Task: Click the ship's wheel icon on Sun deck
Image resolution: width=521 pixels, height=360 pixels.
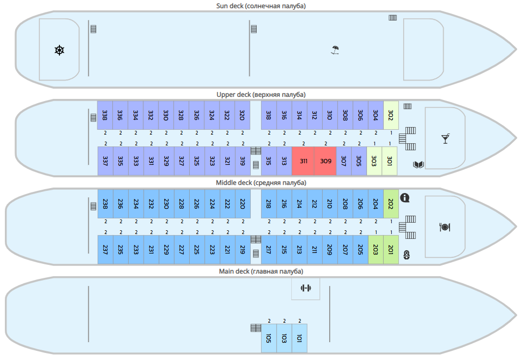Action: tap(59, 51)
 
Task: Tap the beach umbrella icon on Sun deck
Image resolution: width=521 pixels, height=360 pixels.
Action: tap(335, 51)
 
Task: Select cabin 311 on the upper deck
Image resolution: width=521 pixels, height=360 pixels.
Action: tap(303, 161)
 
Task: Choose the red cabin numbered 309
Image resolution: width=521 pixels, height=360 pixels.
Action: tap(325, 161)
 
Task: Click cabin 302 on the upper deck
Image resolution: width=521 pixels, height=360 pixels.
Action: tap(391, 115)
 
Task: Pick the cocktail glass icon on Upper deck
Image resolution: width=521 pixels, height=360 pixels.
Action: tap(445, 139)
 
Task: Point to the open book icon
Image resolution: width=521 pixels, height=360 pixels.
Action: tap(418, 164)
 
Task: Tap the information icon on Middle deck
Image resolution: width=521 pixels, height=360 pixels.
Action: tap(405, 198)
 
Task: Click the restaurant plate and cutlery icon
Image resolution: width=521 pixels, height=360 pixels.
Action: tap(444, 227)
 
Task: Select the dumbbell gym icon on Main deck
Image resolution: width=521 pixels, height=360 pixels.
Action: tap(306, 288)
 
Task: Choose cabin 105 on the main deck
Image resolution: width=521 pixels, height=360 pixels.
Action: tap(269, 338)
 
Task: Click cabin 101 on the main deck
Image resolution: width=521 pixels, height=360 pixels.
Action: tap(299, 338)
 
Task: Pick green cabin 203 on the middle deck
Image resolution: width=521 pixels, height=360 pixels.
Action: tap(376, 250)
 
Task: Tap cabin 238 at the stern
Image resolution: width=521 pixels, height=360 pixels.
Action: tap(105, 204)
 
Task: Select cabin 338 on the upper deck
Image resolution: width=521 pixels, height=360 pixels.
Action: tap(105, 115)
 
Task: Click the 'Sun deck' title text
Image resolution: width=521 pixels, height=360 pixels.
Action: tap(261, 6)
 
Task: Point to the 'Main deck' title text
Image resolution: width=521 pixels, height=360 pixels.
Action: tap(261, 271)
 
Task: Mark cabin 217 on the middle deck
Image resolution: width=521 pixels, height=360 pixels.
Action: tap(269, 250)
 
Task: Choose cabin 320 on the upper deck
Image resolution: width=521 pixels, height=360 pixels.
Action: tap(242, 115)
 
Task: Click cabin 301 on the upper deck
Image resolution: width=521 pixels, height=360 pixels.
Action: tap(390, 161)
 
